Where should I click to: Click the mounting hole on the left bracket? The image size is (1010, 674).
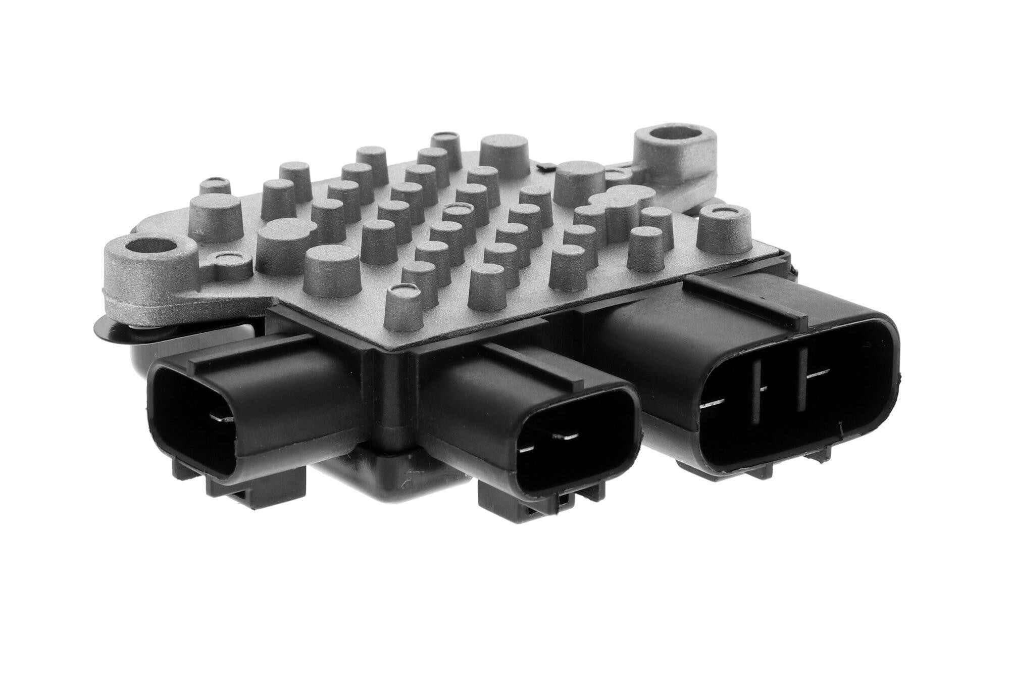click(x=152, y=249)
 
